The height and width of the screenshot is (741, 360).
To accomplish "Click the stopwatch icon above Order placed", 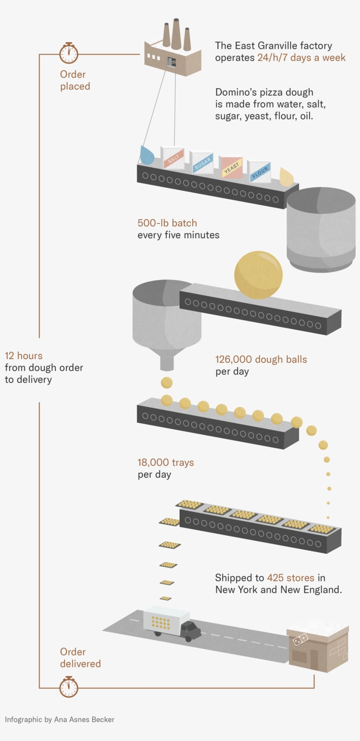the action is tap(69, 53).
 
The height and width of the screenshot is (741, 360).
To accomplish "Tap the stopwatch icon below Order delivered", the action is tap(69, 687).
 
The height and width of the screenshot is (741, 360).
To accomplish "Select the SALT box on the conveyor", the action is tap(173, 158).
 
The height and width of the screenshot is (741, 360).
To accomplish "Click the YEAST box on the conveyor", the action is tap(231, 168).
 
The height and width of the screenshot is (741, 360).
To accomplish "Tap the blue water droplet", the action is tap(147, 155).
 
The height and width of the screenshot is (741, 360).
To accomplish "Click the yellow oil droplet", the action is tap(286, 176).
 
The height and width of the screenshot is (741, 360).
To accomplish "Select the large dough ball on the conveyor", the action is tap(259, 275).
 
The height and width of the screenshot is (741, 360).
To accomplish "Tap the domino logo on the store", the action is tap(300, 639).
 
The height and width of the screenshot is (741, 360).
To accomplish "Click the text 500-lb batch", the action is tap(167, 223).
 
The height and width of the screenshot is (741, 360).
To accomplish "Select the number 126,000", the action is tap(234, 359).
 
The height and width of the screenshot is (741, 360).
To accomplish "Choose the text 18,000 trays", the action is tap(166, 462).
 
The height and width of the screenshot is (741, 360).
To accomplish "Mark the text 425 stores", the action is tap(291, 578).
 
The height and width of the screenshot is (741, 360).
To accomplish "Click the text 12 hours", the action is tap(24, 356).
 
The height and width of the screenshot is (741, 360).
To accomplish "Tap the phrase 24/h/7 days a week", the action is tap(302, 58).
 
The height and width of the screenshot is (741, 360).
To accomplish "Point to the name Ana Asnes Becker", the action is tap(84, 719).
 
